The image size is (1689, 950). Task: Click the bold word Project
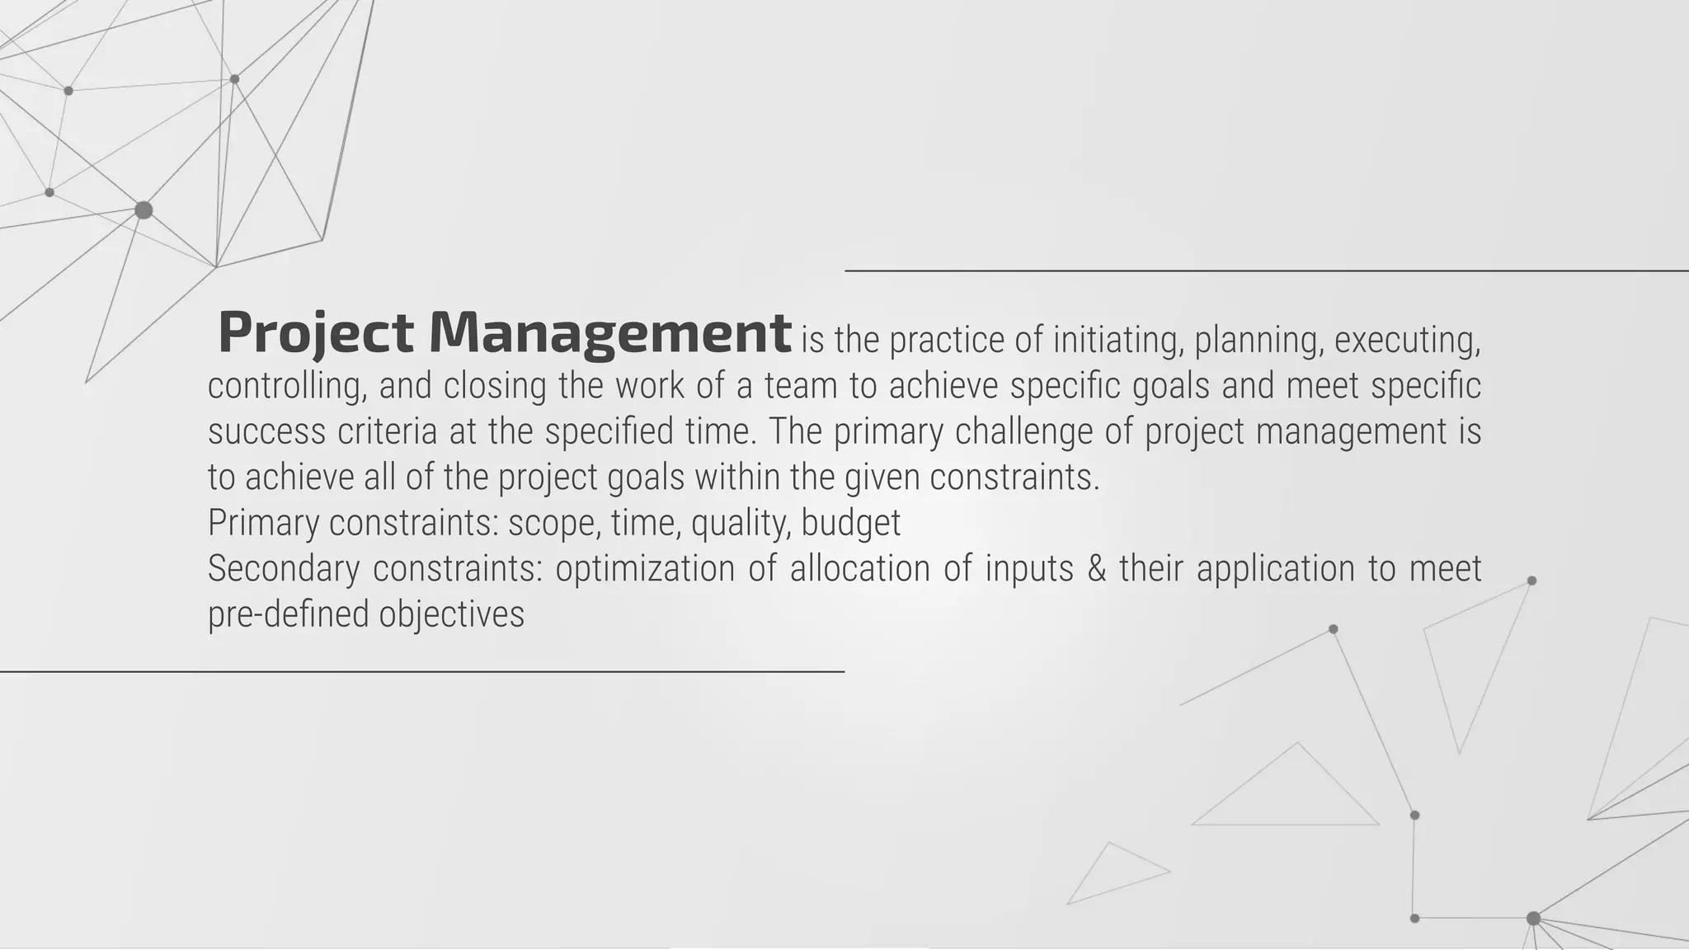[315, 332]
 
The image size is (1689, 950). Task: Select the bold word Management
[609, 332]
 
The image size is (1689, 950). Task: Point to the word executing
[1407, 340]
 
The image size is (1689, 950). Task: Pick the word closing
[495, 386]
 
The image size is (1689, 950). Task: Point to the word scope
[554, 523]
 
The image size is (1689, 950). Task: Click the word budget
[850, 523]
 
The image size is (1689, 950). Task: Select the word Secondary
[283, 568]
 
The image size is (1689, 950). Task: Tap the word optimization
[644, 568]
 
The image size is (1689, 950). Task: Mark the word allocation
[860, 568]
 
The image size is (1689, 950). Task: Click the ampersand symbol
[1096, 568]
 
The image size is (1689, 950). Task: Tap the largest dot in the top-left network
[143, 210]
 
